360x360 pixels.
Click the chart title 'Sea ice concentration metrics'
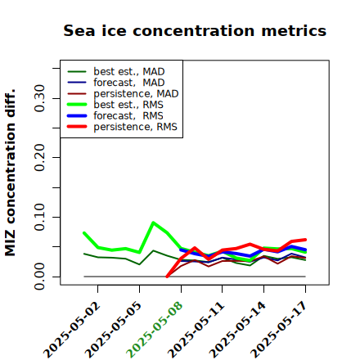[195, 31]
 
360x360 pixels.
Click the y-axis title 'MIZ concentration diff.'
[10, 173]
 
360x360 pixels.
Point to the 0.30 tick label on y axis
[39, 98]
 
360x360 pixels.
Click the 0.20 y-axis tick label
[39, 158]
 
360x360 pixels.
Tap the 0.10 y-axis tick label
[39, 217]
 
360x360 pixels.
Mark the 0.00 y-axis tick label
[39, 277]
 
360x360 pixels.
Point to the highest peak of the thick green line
[154, 223]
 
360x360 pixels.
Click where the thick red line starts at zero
[167, 277]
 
